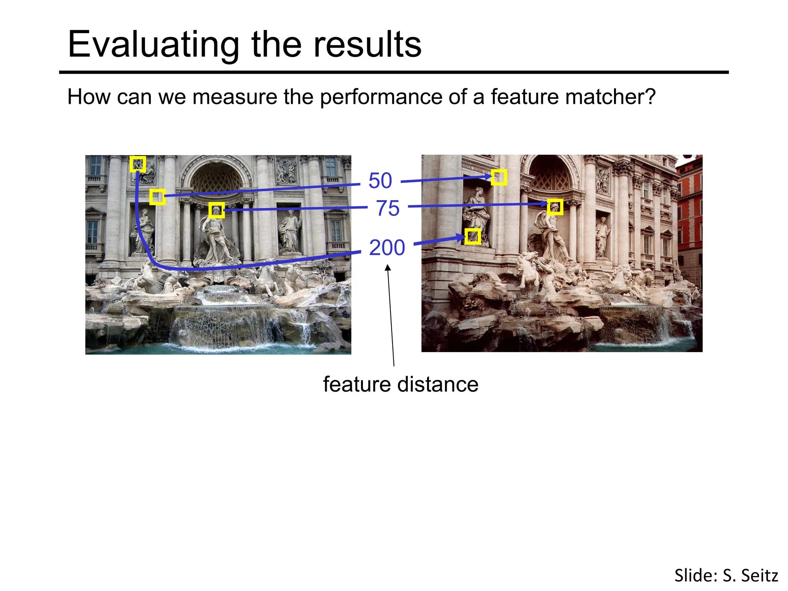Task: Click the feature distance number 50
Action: click(380, 180)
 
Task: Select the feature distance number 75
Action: click(387, 208)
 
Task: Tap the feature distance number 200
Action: click(387, 247)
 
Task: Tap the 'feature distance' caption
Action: click(401, 384)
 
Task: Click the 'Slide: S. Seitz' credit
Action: click(726, 576)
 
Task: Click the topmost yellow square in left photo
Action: click(138, 164)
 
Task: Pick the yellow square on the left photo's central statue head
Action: click(217, 210)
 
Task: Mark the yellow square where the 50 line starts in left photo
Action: click(157, 197)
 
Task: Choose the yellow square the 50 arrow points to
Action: click(499, 177)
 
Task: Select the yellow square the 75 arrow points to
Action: click(555, 207)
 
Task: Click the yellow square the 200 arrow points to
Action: click(473, 236)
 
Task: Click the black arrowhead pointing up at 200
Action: click(388, 268)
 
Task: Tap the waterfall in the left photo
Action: click(223, 323)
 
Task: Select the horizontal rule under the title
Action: click(394, 72)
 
